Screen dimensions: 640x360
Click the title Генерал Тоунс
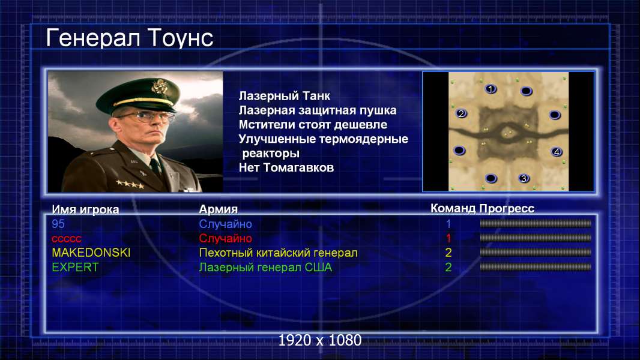click(130, 38)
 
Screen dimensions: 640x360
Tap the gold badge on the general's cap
click(158, 86)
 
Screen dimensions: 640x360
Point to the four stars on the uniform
click(130, 184)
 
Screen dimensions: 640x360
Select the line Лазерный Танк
click(285, 96)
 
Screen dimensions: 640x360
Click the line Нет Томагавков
click(286, 167)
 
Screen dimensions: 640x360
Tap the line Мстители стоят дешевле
click(313, 124)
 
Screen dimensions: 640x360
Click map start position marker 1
click(491, 88)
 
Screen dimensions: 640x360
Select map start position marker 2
click(461, 113)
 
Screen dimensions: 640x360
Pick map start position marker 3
click(524, 178)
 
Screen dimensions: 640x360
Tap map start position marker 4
click(557, 152)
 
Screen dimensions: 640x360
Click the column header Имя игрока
click(85, 209)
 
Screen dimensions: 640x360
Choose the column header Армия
click(218, 209)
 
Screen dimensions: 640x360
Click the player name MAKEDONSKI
click(91, 253)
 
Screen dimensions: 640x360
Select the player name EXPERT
click(75, 268)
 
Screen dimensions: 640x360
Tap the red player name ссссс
click(67, 239)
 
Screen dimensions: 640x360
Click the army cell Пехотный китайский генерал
click(279, 253)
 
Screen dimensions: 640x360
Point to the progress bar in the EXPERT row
click(536, 267)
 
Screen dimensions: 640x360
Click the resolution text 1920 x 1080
click(320, 340)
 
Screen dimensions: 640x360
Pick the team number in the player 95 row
click(448, 224)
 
